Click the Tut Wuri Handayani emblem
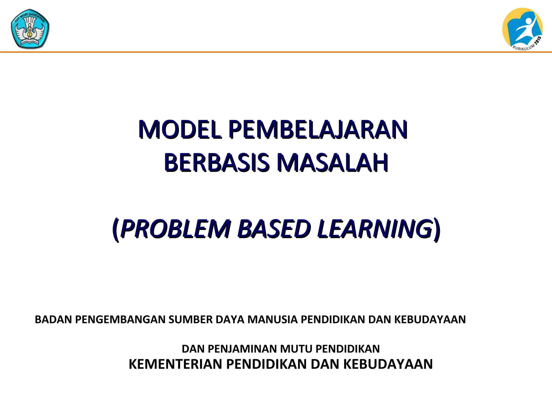(x=30, y=29)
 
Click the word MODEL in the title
(x=180, y=130)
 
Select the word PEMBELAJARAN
(x=318, y=130)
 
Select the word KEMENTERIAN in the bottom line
(x=176, y=364)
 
